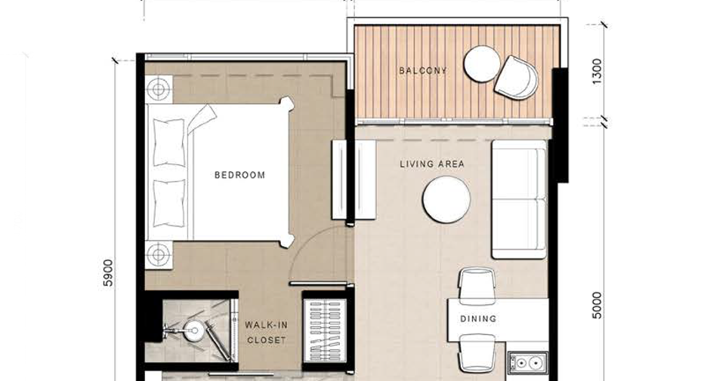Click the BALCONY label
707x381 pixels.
tap(423, 70)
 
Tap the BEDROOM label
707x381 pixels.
tap(240, 175)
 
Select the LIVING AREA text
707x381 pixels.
tap(432, 164)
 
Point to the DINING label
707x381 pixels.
tap(478, 319)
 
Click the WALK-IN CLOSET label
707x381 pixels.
tap(266, 333)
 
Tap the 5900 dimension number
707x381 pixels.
tap(108, 273)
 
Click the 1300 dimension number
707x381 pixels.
tap(597, 71)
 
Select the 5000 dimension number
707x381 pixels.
tap(597, 306)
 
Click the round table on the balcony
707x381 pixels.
tap(482, 64)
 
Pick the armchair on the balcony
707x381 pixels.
tap(517, 78)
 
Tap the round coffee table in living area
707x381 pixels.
tap(446, 199)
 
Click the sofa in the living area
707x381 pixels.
tap(520, 199)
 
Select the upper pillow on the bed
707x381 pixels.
tap(169, 143)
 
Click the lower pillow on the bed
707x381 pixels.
tap(169, 203)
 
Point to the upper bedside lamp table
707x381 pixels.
tap(159, 89)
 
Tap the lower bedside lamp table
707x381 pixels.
tap(159, 255)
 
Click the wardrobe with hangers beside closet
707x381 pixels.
tap(326, 331)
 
